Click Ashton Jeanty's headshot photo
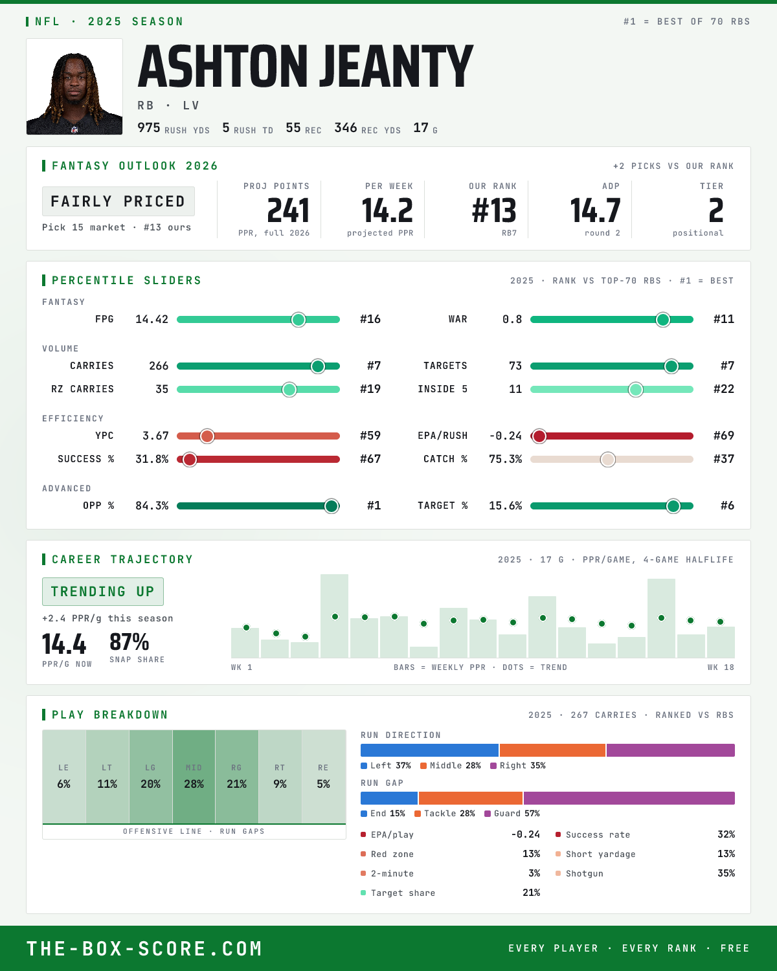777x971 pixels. [x=74, y=87]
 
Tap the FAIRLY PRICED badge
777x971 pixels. [x=118, y=201]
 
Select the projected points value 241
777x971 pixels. [x=288, y=211]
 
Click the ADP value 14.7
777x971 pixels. [x=595, y=211]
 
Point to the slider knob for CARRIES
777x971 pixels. [x=318, y=366]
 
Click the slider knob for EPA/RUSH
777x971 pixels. [x=539, y=436]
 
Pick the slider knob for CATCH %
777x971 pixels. [x=608, y=460]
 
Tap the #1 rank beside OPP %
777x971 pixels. [x=374, y=506]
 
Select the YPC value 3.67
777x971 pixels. [x=155, y=436]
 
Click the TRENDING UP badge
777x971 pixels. [x=103, y=592]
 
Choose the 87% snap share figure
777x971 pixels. [x=129, y=642]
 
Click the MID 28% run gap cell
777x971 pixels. [x=194, y=777]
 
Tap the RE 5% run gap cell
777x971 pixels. [x=324, y=777]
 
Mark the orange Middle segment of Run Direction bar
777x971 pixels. [x=552, y=750]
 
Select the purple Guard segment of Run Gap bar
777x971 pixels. [x=629, y=798]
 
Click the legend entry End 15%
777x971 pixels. [x=383, y=814]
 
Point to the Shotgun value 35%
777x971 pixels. [x=726, y=873]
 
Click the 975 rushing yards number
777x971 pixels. [x=148, y=128]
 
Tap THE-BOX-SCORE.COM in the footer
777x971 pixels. [x=144, y=948]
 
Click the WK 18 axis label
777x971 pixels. [x=721, y=667]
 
